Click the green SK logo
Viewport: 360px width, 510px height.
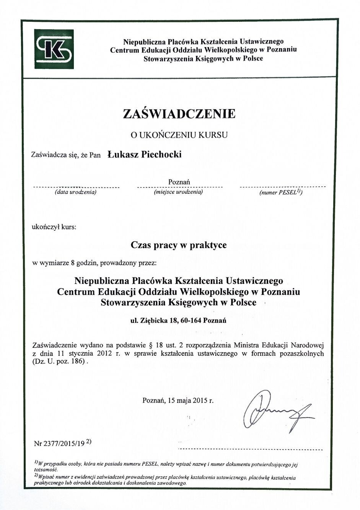[x=55, y=50]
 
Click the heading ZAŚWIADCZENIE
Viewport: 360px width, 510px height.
[x=179, y=114]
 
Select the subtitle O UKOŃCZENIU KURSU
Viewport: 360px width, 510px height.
[x=179, y=135]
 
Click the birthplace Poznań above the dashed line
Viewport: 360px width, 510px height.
[x=179, y=182]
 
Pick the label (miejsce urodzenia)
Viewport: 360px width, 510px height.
[x=178, y=192]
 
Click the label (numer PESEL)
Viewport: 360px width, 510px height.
[x=281, y=192]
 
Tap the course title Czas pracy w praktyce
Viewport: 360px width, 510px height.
[x=179, y=245]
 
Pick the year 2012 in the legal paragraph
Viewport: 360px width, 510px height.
[x=104, y=353]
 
